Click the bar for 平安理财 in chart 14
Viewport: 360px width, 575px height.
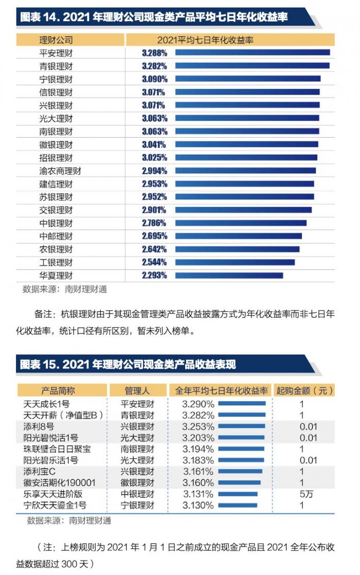click(252, 52)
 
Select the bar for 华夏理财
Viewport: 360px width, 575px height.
click(229, 275)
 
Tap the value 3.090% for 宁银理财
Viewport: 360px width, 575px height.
click(154, 79)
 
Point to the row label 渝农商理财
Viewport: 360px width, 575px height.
click(60, 171)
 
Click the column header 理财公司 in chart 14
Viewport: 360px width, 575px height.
click(56, 40)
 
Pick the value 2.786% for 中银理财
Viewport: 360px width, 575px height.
click(154, 223)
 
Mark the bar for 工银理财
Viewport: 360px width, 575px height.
click(235, 262)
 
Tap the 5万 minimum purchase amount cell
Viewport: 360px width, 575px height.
click(302, 494)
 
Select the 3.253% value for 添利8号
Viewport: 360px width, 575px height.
click(198, 426)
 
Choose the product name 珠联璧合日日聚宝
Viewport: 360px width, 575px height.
click(57, 449)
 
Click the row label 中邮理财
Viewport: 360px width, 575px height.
click(56, 236)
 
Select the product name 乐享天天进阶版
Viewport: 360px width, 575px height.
click(53, 494)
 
